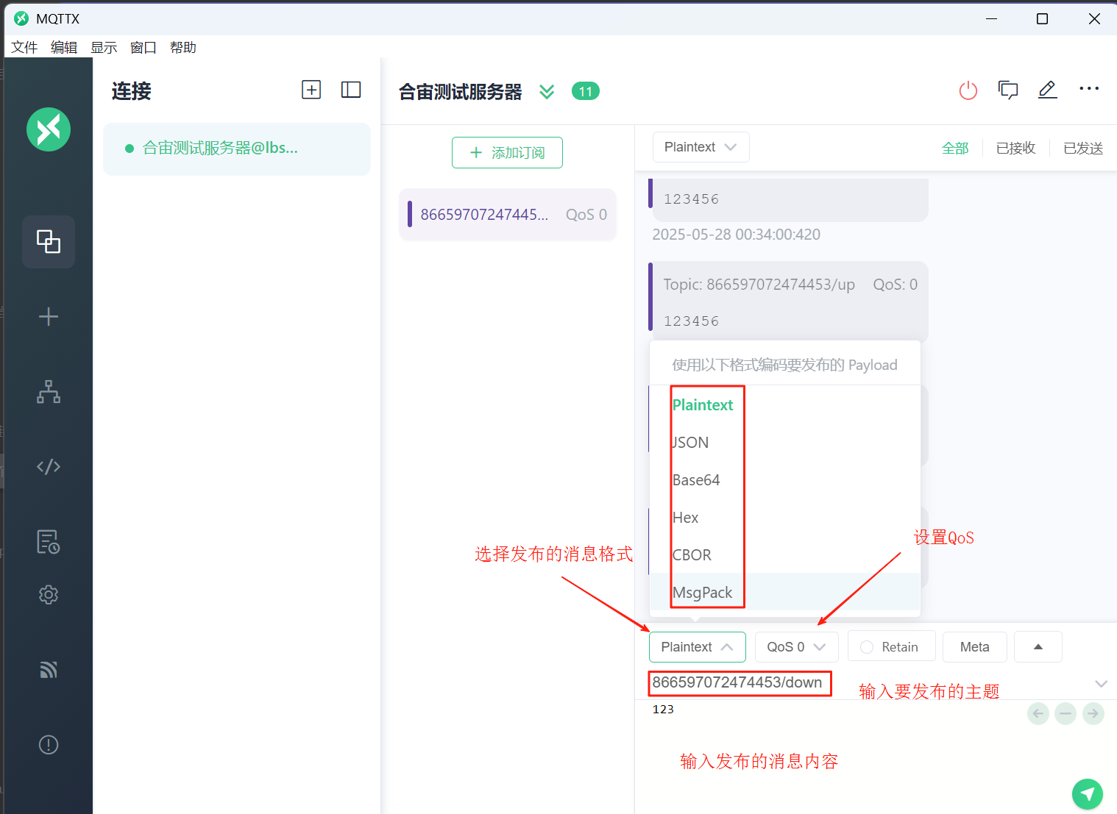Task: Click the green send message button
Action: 1087,793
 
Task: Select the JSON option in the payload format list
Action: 690,443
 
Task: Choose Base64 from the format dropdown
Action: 696,479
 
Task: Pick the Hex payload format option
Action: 685,518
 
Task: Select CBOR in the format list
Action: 692,555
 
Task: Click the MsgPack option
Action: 702,593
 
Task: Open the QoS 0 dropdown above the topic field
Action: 796,646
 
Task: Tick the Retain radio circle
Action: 867,646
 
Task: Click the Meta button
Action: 974,646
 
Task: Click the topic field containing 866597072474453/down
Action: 737,682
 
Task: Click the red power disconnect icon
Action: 968,90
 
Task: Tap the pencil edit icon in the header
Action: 1047,90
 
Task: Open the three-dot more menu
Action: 1089,89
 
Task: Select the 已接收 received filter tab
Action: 1015,148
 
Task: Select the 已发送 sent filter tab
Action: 1082,148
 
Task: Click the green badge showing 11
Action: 586,91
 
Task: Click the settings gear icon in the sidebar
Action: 49,594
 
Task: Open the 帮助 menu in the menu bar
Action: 183,47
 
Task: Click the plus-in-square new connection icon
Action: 311,90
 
